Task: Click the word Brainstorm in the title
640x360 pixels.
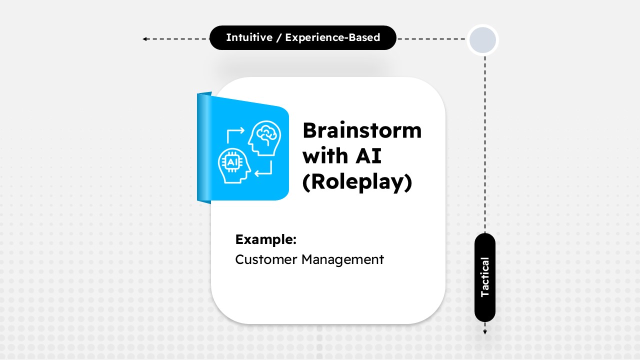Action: (362, 131)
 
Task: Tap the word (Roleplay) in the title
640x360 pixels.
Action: (357, 182)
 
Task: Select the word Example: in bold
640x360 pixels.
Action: (265, 239)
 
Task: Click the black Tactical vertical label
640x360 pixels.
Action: (484, 277)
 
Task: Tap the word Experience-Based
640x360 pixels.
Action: (332, 37)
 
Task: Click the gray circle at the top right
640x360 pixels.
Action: (482, 40)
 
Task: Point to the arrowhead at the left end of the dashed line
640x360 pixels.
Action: (144, 38)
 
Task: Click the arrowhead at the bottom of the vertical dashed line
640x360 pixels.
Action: (484, 331)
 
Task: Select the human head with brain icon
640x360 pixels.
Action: (265, 137)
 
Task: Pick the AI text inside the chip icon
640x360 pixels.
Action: (232, 162)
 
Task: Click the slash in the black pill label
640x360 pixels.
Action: (278, 37)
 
